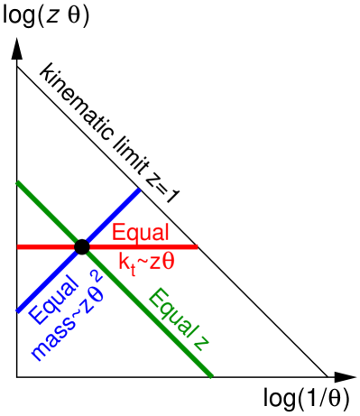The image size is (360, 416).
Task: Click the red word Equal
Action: [140, 233]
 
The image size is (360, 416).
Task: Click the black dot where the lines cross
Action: [81, 245]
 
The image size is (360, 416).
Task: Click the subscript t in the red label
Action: [132, 268]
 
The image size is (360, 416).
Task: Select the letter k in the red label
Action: [124, 262]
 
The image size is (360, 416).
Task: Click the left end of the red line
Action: [18, 245]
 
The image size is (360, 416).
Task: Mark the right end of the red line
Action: [196, 245]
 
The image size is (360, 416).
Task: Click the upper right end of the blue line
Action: [139, 190]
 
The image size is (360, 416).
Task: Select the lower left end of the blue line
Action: [18, 311]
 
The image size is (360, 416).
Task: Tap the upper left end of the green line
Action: [17, 182]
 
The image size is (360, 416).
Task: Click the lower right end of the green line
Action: [212, 376]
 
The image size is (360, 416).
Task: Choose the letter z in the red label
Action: [153, 263]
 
